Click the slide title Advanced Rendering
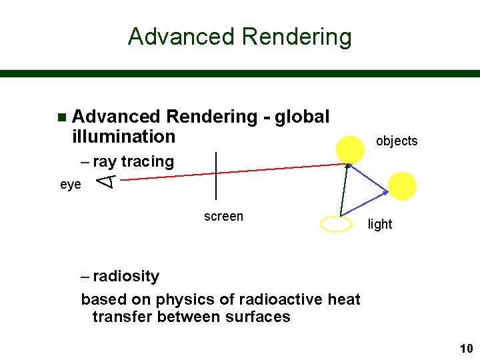[x=239, y=36]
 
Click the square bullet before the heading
[x=62, y=117]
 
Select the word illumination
[x=123, y=137]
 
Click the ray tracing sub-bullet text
[x=133, y=161]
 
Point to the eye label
[x=71, y=184]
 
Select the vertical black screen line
[x=217, y=175]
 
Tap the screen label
[x=223, y=216]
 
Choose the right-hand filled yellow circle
[x=402, y=186]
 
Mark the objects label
[x=397, y=141]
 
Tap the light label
[x=380, y=224]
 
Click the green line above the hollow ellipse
[x=344, y=190]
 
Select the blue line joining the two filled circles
[x=369, y=178]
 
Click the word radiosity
[x=126, y=276]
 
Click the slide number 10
[x=465, y=349]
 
